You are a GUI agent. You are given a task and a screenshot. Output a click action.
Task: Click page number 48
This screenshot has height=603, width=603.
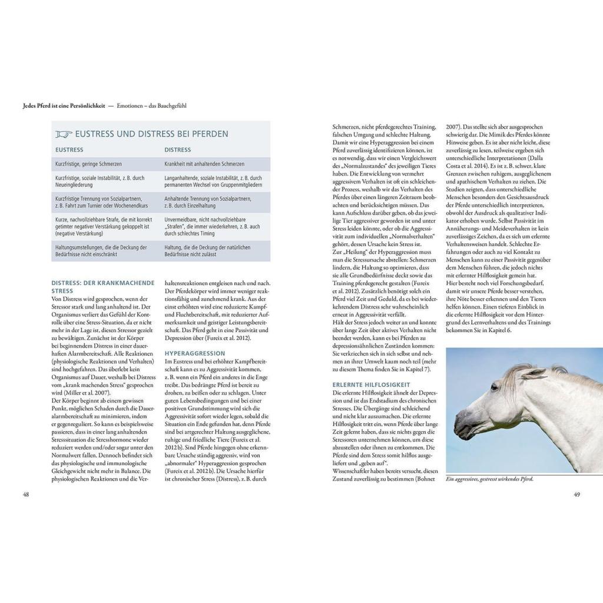tap(26, 494)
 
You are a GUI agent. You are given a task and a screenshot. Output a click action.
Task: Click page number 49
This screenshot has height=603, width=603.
tap(577, 494)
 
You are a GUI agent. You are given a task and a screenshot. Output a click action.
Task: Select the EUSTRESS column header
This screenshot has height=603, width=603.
tap(69, 150)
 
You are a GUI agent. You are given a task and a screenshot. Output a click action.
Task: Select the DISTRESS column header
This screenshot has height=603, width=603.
tap(177, 150)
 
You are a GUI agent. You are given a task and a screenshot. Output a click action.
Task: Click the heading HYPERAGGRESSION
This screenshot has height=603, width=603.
tap(191, 353)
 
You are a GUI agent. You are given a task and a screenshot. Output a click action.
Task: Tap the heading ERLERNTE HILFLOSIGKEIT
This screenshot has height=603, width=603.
tap(371, 385)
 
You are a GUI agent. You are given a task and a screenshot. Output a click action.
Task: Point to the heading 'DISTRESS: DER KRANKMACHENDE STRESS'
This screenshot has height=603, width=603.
tap(103, 286)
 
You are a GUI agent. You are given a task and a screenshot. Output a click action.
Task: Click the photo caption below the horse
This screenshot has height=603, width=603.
tap(489, 479)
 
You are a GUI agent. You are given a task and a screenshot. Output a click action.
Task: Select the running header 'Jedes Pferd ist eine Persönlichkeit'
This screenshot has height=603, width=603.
tap(63, 106)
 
